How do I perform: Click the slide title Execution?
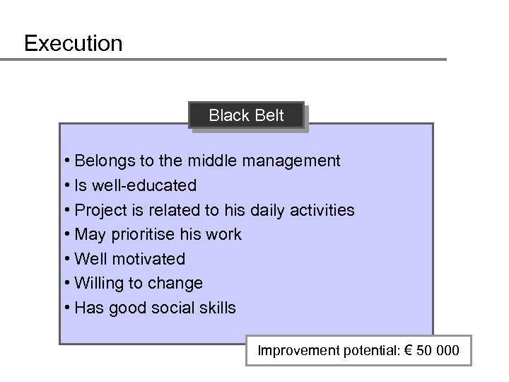[x=73, y=43]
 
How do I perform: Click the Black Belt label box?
[x=246, y=115]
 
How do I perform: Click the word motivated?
[x=151, y=259]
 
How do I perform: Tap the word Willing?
[x=102, y=283]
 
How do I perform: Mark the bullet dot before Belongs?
[x=66, y=161]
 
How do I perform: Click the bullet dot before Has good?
[x=66, y=308]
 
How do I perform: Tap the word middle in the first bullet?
[x=215, y=161]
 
